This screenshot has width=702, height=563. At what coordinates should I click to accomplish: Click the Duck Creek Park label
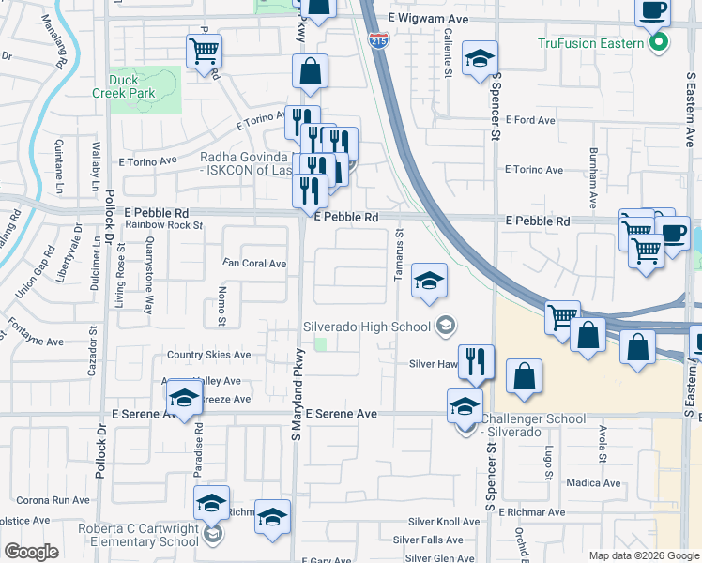(123, 86)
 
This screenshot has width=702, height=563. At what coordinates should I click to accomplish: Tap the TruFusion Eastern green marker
(660, 43)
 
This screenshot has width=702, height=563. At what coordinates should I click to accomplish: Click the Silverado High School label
(366, 327)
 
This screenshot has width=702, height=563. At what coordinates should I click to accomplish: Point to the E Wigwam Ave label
(427, 18)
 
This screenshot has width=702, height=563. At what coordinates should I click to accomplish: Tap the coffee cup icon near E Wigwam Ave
(652, 11)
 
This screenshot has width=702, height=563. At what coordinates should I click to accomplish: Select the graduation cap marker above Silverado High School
(429, 280)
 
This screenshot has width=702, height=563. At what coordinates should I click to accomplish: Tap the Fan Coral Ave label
(254, 264)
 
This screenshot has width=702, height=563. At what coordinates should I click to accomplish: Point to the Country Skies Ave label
(209, 355)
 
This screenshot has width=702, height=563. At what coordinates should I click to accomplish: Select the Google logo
(31, 552)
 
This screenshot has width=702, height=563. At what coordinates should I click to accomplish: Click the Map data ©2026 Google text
(643, 555)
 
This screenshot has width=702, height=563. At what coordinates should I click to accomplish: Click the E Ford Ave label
(530, 120)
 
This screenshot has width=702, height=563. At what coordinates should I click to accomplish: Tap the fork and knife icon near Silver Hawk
(475, 360)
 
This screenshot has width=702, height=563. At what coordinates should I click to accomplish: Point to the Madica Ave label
(594, 483)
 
